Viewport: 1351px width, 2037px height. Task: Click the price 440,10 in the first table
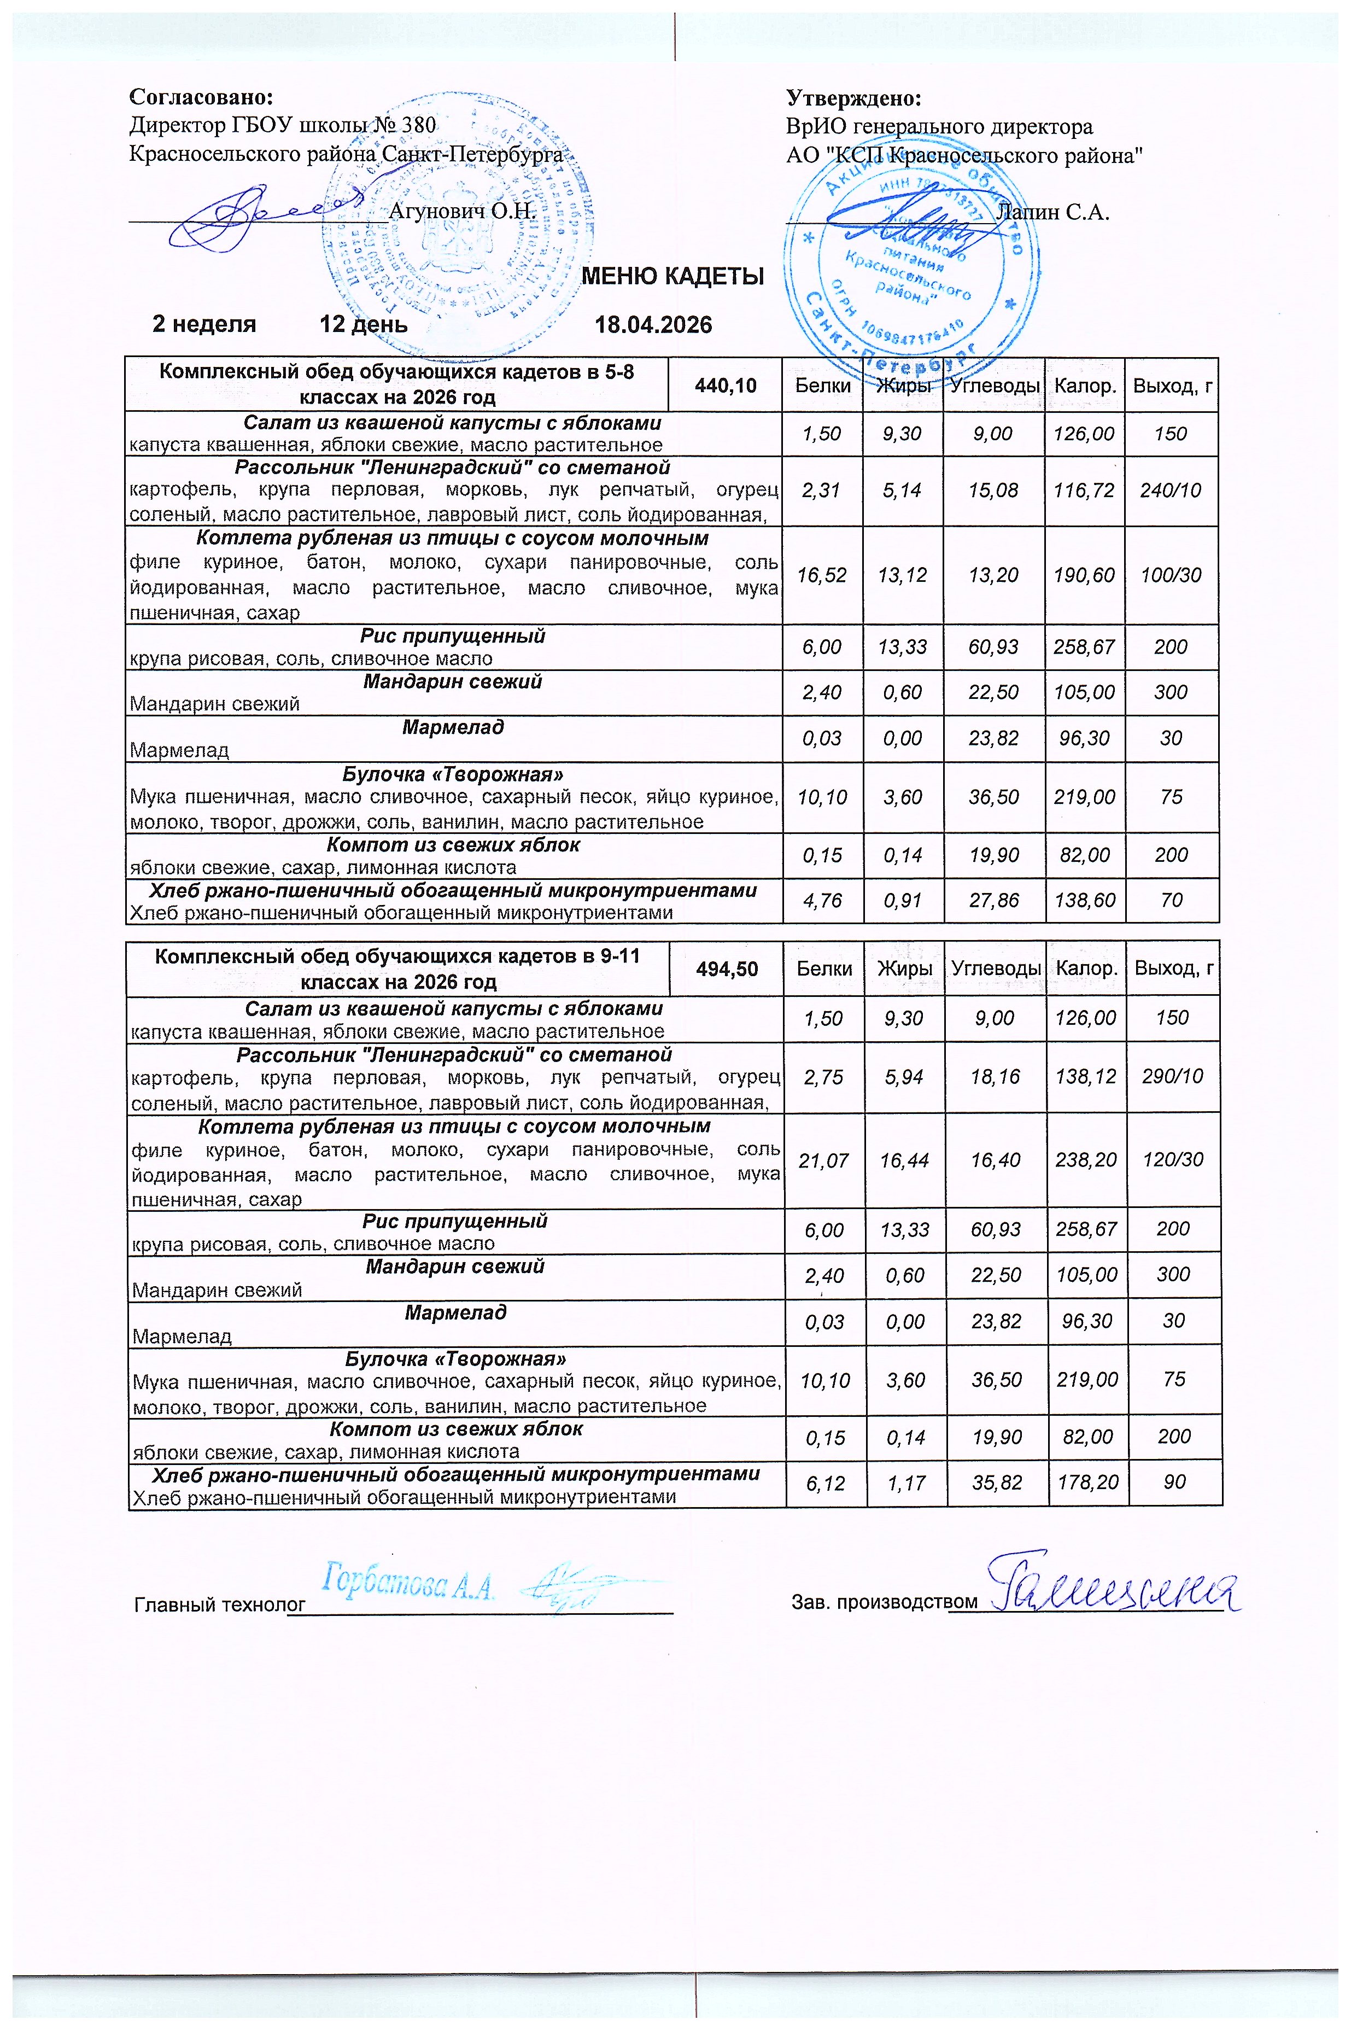tap(726, 385)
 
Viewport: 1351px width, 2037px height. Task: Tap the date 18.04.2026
tap(653, 325)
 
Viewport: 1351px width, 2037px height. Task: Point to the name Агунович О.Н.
tap(463, 210)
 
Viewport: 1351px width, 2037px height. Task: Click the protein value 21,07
tap(824, 1160)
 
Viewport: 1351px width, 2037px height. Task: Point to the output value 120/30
tap(1173, 1160)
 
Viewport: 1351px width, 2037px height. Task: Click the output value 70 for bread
tap(1171, 901)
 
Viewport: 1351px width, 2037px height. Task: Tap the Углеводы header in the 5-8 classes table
tap(995, 385)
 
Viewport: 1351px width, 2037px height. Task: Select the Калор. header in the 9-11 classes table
tap(1087, 968)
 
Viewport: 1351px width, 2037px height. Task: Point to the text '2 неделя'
tap(204, 325)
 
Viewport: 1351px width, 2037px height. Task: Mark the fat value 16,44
tap(904, 1160)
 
